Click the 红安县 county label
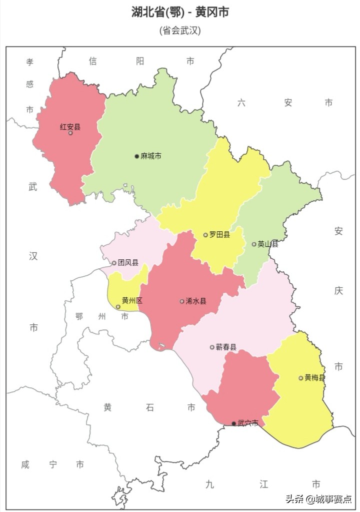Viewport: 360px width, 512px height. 70,127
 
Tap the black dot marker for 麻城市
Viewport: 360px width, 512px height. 136,156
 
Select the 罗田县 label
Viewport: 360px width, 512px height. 219,235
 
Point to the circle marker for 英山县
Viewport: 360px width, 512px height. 254,244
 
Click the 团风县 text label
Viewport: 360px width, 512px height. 128,263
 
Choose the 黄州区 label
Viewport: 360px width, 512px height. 132,301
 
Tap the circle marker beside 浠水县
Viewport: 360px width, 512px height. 182,301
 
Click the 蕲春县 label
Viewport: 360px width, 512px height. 226,347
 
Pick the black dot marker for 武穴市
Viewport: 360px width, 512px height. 233,423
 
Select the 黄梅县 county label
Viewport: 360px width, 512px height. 315,378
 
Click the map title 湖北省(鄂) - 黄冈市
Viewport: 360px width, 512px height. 180,13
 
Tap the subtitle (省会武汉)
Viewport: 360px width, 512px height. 180,31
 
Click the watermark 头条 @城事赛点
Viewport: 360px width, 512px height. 318,498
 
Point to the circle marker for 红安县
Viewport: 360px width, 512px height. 70,133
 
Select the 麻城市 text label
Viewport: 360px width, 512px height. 151,156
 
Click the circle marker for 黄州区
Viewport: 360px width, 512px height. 118,307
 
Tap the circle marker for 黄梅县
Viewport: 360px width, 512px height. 301,378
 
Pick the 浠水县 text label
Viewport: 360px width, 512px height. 196,301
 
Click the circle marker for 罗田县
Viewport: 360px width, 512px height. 205,235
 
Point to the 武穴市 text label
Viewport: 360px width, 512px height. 248,423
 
